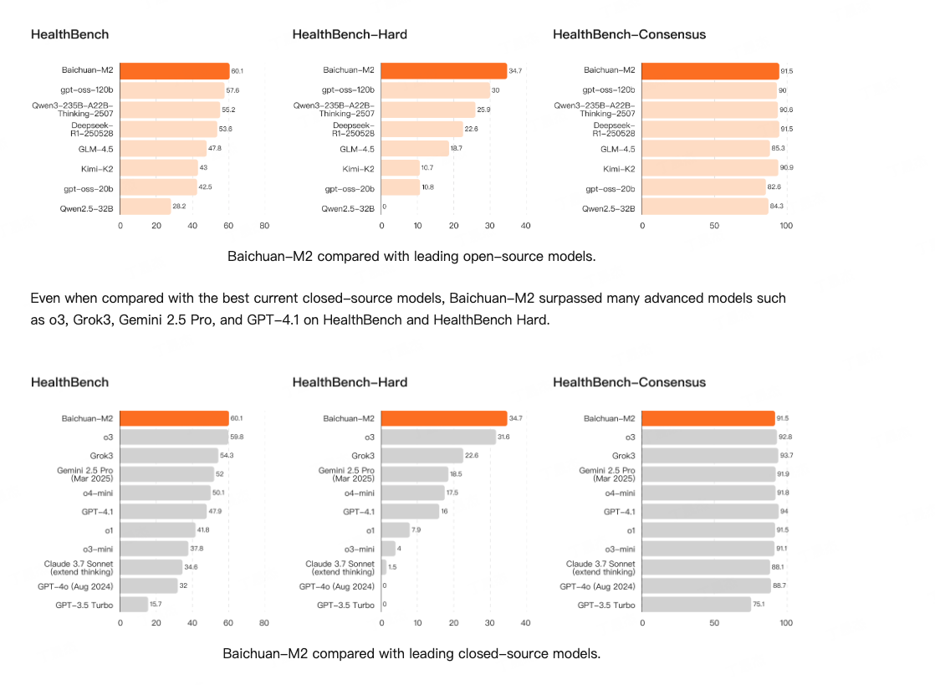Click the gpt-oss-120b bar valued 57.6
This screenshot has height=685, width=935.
pos(171,90)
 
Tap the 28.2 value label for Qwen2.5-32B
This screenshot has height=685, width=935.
pos(178,206)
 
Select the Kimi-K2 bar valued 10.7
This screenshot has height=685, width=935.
pos(400,167)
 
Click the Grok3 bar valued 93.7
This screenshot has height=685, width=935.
pos(709,456)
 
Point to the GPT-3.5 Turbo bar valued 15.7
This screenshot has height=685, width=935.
pos(133,604)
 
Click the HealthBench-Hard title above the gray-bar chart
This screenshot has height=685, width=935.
pos(350,382)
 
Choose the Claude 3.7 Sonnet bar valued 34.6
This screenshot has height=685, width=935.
pos(151,567)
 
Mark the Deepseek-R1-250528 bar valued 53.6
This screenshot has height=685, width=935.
pos(168,129)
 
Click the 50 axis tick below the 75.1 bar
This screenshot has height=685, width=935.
pos(714,623)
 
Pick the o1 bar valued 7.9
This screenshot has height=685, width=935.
pos(396,529)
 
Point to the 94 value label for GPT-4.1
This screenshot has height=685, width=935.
pos(784,511)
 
